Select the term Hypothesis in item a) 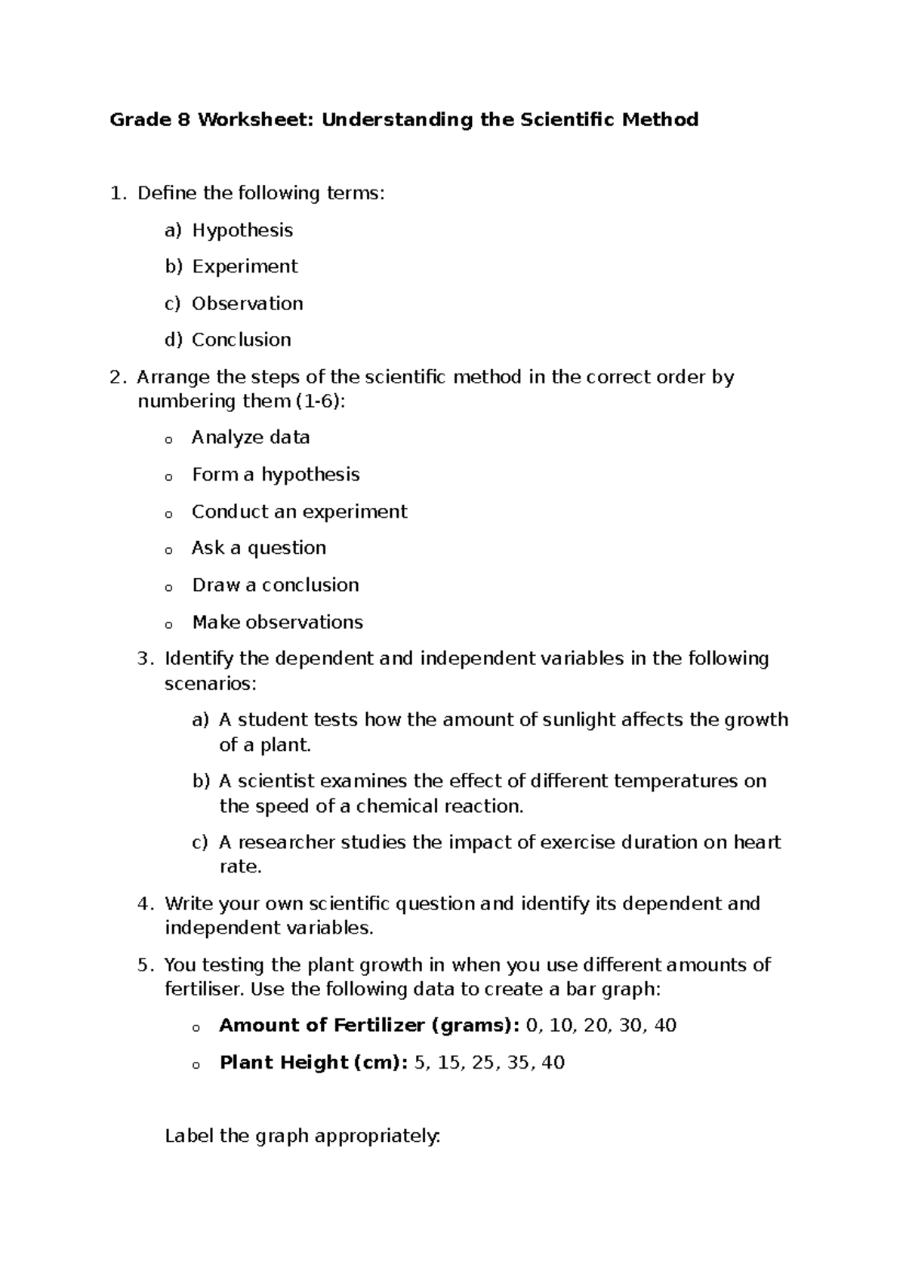(242, 230)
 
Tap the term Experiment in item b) (245, 267)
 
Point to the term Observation (247, 303)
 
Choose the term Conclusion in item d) (241, 340)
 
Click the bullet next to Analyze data (168, 440)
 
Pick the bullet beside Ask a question (168, 551)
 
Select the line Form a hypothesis (276, 475)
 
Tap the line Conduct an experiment (299, 512)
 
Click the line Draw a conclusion (276, 586)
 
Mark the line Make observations (277, 623)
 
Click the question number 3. (146, 660)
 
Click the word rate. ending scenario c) (240, 867)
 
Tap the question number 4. (146, 904)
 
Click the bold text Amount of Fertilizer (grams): (369, 1026)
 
